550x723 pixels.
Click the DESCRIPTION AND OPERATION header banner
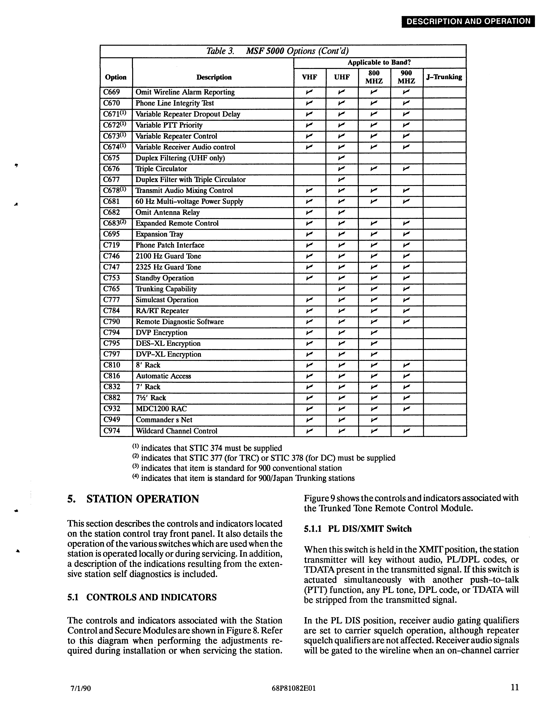[x=468, y=21]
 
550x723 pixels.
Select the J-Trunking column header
[x=444, y=77]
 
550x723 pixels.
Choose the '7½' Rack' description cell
[x=151, y=398]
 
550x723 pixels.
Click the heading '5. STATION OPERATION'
[x=133, y=499]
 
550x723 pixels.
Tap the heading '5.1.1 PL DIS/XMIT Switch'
[x=357, y=529]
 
